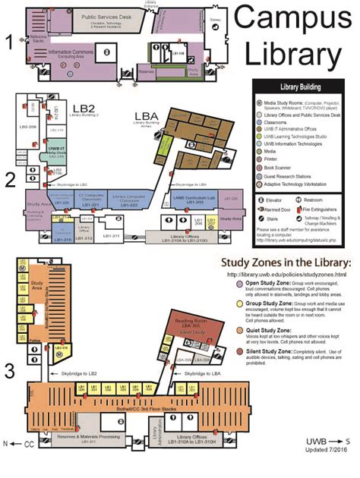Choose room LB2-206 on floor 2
[x=28, y=127]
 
